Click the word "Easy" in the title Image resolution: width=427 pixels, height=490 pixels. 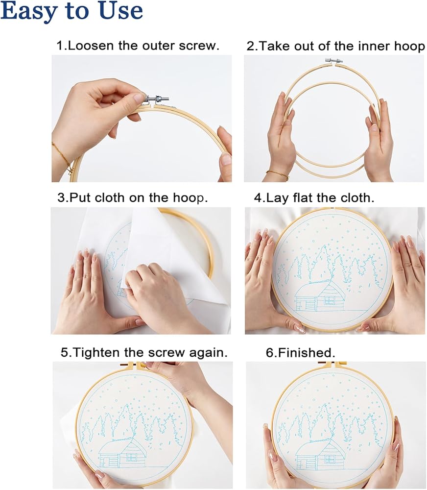pos(30,11)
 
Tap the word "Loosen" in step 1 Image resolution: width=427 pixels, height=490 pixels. pos(91,46)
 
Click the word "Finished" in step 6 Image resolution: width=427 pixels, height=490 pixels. pos(305,353)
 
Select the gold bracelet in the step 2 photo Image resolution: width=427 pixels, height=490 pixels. pos(277,174)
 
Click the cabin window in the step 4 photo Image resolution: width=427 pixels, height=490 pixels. pos(329,300)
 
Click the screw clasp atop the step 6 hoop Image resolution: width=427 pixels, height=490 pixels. pos(332,364)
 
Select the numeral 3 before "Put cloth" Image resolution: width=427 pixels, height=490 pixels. pos(62,198)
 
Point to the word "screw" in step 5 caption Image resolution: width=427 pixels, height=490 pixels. pos(166,353)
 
